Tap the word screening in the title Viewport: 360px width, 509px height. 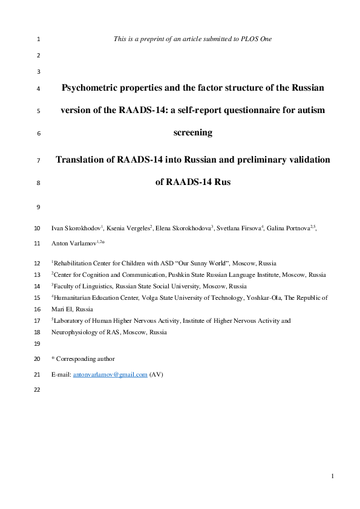click(193, 132)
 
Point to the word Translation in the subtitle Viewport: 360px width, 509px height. click(85, 160)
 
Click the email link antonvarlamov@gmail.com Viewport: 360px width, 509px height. click(110, 375)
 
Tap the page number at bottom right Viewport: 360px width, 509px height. click(333, 478)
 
